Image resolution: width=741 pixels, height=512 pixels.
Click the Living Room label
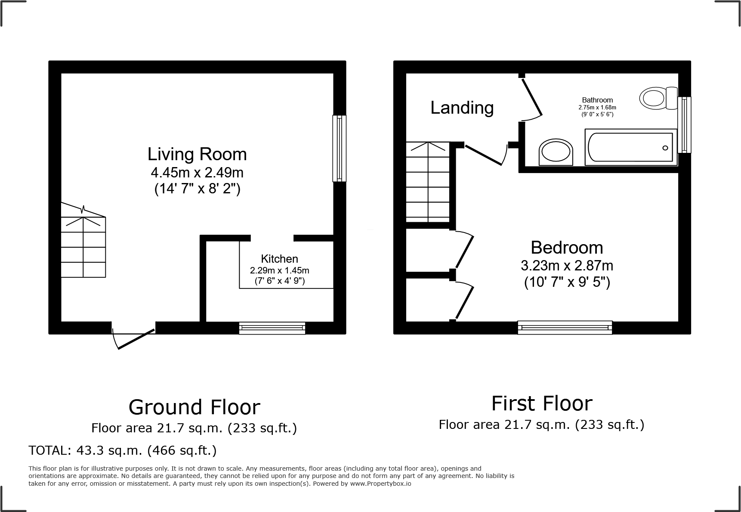(197, 154)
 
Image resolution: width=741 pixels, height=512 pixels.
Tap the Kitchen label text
(279, 259)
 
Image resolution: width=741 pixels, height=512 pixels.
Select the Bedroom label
(567, 248)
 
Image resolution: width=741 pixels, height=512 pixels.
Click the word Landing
(462, 107)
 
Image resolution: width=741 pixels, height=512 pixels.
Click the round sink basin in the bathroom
(556, 152)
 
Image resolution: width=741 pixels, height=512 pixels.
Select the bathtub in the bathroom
(630, 147)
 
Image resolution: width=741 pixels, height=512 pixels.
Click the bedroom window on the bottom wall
(565, 327)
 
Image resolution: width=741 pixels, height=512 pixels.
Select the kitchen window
(272, 328)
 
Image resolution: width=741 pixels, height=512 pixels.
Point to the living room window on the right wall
(339, 148)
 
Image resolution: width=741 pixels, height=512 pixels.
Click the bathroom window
(684, 125)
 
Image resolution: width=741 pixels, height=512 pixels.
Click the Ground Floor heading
(194, 407)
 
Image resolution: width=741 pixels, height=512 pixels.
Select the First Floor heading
(541, 403)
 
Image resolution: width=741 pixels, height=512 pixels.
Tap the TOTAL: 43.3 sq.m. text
(122, 450)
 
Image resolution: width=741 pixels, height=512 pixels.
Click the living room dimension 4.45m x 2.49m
(197, 173)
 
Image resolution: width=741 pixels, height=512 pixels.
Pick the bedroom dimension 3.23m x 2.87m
(567, 266)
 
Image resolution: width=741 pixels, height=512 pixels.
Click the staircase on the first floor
(428, 183)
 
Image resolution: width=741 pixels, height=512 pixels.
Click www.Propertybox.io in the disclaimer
(380, 484)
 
